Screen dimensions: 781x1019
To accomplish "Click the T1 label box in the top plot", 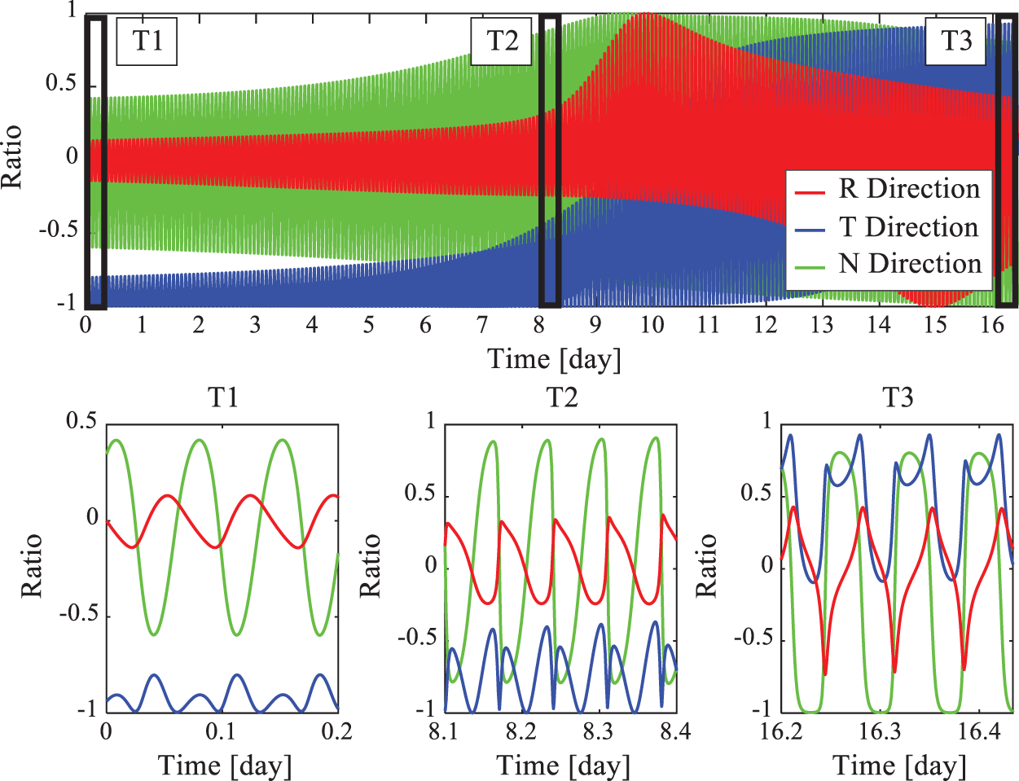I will pyautogui.click(x=147, y=40).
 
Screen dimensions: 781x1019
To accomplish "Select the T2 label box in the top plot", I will pyautogui.click(x=502, y=40).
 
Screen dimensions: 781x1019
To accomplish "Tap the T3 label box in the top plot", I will pyautogui.click(x=955, y=40).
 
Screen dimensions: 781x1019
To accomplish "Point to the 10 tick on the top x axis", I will pyautogui.click(x=652, y=325).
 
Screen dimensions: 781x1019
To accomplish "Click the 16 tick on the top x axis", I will pyautogui.click(x=991, y=325).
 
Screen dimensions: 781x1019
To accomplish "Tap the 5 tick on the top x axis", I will pyautogui.click(x=368, y=325).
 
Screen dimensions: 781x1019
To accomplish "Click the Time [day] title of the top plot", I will pyautogui.click(x=554, y=358).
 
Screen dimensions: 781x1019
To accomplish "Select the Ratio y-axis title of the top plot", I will pyautogui.click(x=13, y=157).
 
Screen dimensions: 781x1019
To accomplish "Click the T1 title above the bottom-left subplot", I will pyautogui.click(x=223, y=397).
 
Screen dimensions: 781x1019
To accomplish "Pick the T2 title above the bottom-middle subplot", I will pyautogui.click(x=561, y=397).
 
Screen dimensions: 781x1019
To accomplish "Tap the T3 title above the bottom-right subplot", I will pyautogui.click(x=898, y=397).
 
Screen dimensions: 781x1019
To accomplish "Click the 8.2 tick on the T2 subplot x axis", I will pyautogui.click(x=521, y=731).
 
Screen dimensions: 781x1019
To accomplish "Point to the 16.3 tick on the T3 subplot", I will pyautogui.click(x=881, y=731).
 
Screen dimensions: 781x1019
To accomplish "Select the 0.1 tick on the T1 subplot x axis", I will pyautogui.click(x=221, y=731).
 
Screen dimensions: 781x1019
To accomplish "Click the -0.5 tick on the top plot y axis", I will pyautogui.click(x=58, y=230).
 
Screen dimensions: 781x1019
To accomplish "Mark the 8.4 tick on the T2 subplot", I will pyautogui.click(x=674, y=731).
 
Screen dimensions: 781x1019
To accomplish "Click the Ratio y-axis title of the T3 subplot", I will pyautogui.click(x=707, y=565).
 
